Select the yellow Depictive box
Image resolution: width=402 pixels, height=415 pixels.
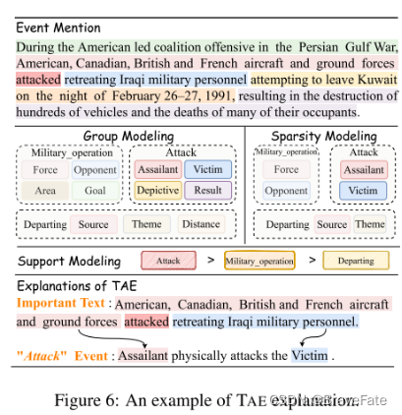(x=156, y=190)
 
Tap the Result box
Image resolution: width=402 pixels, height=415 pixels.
(x=208, y=190)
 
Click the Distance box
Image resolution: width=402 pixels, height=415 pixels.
(x=201, y=224)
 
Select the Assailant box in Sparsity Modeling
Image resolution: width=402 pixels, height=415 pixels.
(x=363, y=169)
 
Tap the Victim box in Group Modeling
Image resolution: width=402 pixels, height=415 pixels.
(x=208, y=169)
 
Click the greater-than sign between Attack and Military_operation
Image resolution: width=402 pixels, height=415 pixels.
(x=211, y=263)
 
